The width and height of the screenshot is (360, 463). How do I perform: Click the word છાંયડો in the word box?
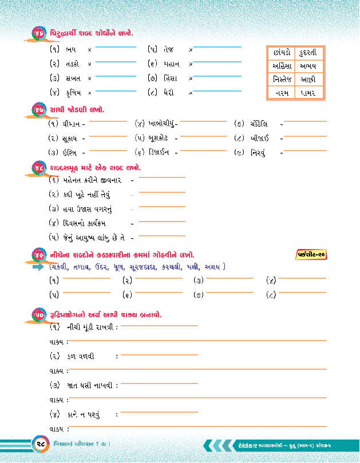point(280,53)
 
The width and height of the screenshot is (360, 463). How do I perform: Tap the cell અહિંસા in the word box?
point(281,66)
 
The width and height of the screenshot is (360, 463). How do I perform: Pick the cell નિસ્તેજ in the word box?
point(281,80)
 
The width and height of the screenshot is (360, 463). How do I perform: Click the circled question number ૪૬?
point(39,34)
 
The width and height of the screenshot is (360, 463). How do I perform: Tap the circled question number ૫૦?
point(39,316)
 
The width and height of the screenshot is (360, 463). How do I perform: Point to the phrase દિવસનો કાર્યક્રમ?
point(84,223)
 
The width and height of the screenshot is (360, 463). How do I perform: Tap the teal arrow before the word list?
point(39,267)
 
